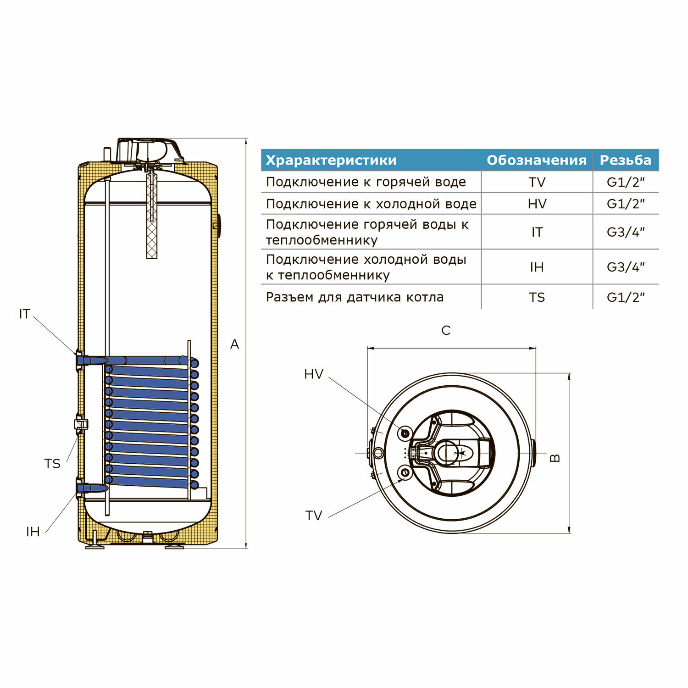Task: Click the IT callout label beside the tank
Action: tap(25, 314)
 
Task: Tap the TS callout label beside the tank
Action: tap(53, 464)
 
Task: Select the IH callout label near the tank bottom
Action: tap(33, 532)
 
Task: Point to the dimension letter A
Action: tap(234, 344)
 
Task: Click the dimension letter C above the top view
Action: tap(446, 330)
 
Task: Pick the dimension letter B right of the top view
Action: tap(555, 457)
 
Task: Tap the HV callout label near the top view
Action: tap(314, 374)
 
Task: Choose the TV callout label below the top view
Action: tap(314, 516)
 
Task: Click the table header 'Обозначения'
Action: tap(537, 160)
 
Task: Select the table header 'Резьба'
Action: tap(626, 160)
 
